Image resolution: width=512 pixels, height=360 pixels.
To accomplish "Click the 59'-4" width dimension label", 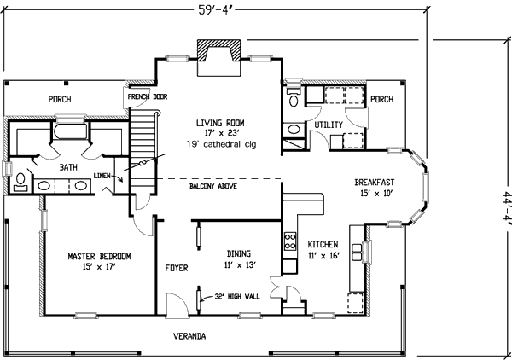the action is tap(217, 9).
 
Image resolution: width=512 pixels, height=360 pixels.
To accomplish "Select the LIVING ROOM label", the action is tap(220, 123).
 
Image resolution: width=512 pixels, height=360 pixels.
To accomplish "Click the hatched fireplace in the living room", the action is tap(218, 50).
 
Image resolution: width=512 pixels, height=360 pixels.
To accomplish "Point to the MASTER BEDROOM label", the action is tap(99, 256).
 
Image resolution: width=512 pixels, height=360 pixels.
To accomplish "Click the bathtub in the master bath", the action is tap(71, 131).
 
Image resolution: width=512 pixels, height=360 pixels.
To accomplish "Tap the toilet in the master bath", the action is tap(20, 182).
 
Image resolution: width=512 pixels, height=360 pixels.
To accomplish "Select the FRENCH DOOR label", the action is tap(148, 96).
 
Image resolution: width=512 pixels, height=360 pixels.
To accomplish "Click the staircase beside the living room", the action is tap(143, 152).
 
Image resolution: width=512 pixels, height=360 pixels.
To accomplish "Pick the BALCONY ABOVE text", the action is tap(213, 186).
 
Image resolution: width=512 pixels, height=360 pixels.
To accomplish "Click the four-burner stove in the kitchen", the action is tap(290, 241).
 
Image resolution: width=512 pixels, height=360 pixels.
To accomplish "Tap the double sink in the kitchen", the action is tap(357, 252).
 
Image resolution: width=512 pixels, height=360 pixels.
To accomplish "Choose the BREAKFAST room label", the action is tap(375, 182).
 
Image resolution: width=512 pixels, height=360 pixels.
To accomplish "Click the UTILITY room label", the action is tap(329, 125).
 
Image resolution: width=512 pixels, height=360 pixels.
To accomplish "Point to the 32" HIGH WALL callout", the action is tap(237, 296).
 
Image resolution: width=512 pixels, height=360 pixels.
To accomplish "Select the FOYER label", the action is tap(177, 268).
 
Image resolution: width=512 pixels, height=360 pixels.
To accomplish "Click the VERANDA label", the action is tap(189, 336).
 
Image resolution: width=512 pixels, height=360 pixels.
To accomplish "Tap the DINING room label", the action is tap(239, 253).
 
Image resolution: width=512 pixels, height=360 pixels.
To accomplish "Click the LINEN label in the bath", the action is tap(102, 176).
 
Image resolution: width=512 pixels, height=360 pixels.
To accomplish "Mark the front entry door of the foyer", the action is tap(177, 305).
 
